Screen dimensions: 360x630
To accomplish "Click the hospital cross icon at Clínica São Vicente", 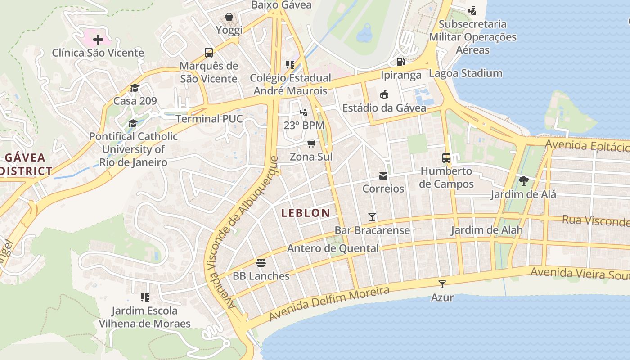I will coord(98,40).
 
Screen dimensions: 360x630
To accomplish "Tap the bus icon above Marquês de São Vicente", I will coord(209,53).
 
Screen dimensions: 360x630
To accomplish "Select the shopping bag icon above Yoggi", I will coord(229,17).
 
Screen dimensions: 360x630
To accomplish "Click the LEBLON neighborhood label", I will coord(306,213).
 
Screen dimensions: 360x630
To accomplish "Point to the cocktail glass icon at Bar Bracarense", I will coord(372,217).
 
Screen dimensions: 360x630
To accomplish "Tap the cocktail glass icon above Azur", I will coord(442,284).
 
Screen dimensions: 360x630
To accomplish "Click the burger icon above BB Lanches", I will coord(261,262).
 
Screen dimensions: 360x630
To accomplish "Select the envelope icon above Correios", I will coord(383,175).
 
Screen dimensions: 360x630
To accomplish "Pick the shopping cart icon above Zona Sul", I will coord(311,144).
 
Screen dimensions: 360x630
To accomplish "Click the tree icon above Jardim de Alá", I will coord(523,181).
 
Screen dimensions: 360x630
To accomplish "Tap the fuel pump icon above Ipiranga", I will coord(400,62).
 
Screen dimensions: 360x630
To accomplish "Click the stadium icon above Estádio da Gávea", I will coord(384,94).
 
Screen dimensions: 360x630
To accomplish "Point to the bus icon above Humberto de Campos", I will coord(446,158).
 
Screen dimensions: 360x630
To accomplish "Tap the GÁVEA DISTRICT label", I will coord(26,164).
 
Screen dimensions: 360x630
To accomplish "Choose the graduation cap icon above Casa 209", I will coord(135,88).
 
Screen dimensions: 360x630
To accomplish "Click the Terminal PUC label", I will coord(209,119).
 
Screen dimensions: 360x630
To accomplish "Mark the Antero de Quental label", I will coord(333,248).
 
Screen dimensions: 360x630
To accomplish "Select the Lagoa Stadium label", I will coord(465,73).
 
